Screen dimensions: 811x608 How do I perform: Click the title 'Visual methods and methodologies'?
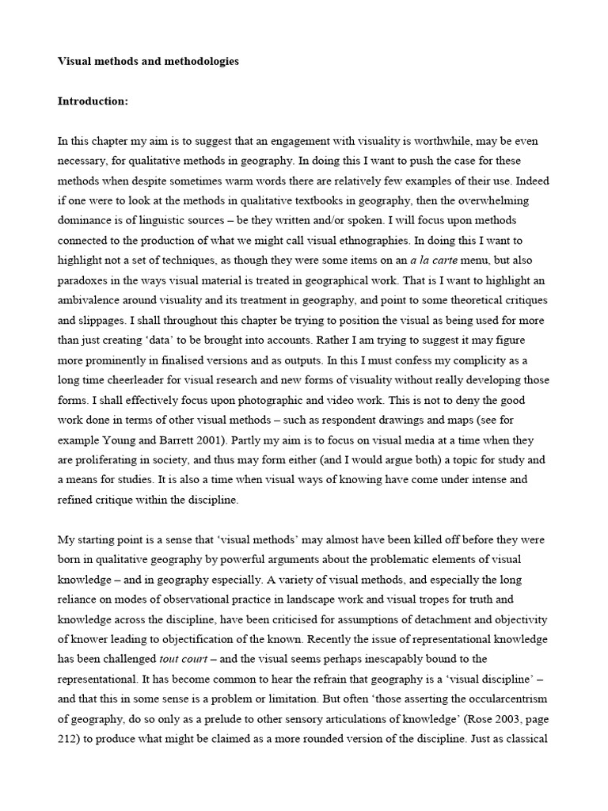[x=148, y=60]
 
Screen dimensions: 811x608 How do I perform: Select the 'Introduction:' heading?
[x=93, y=101]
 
